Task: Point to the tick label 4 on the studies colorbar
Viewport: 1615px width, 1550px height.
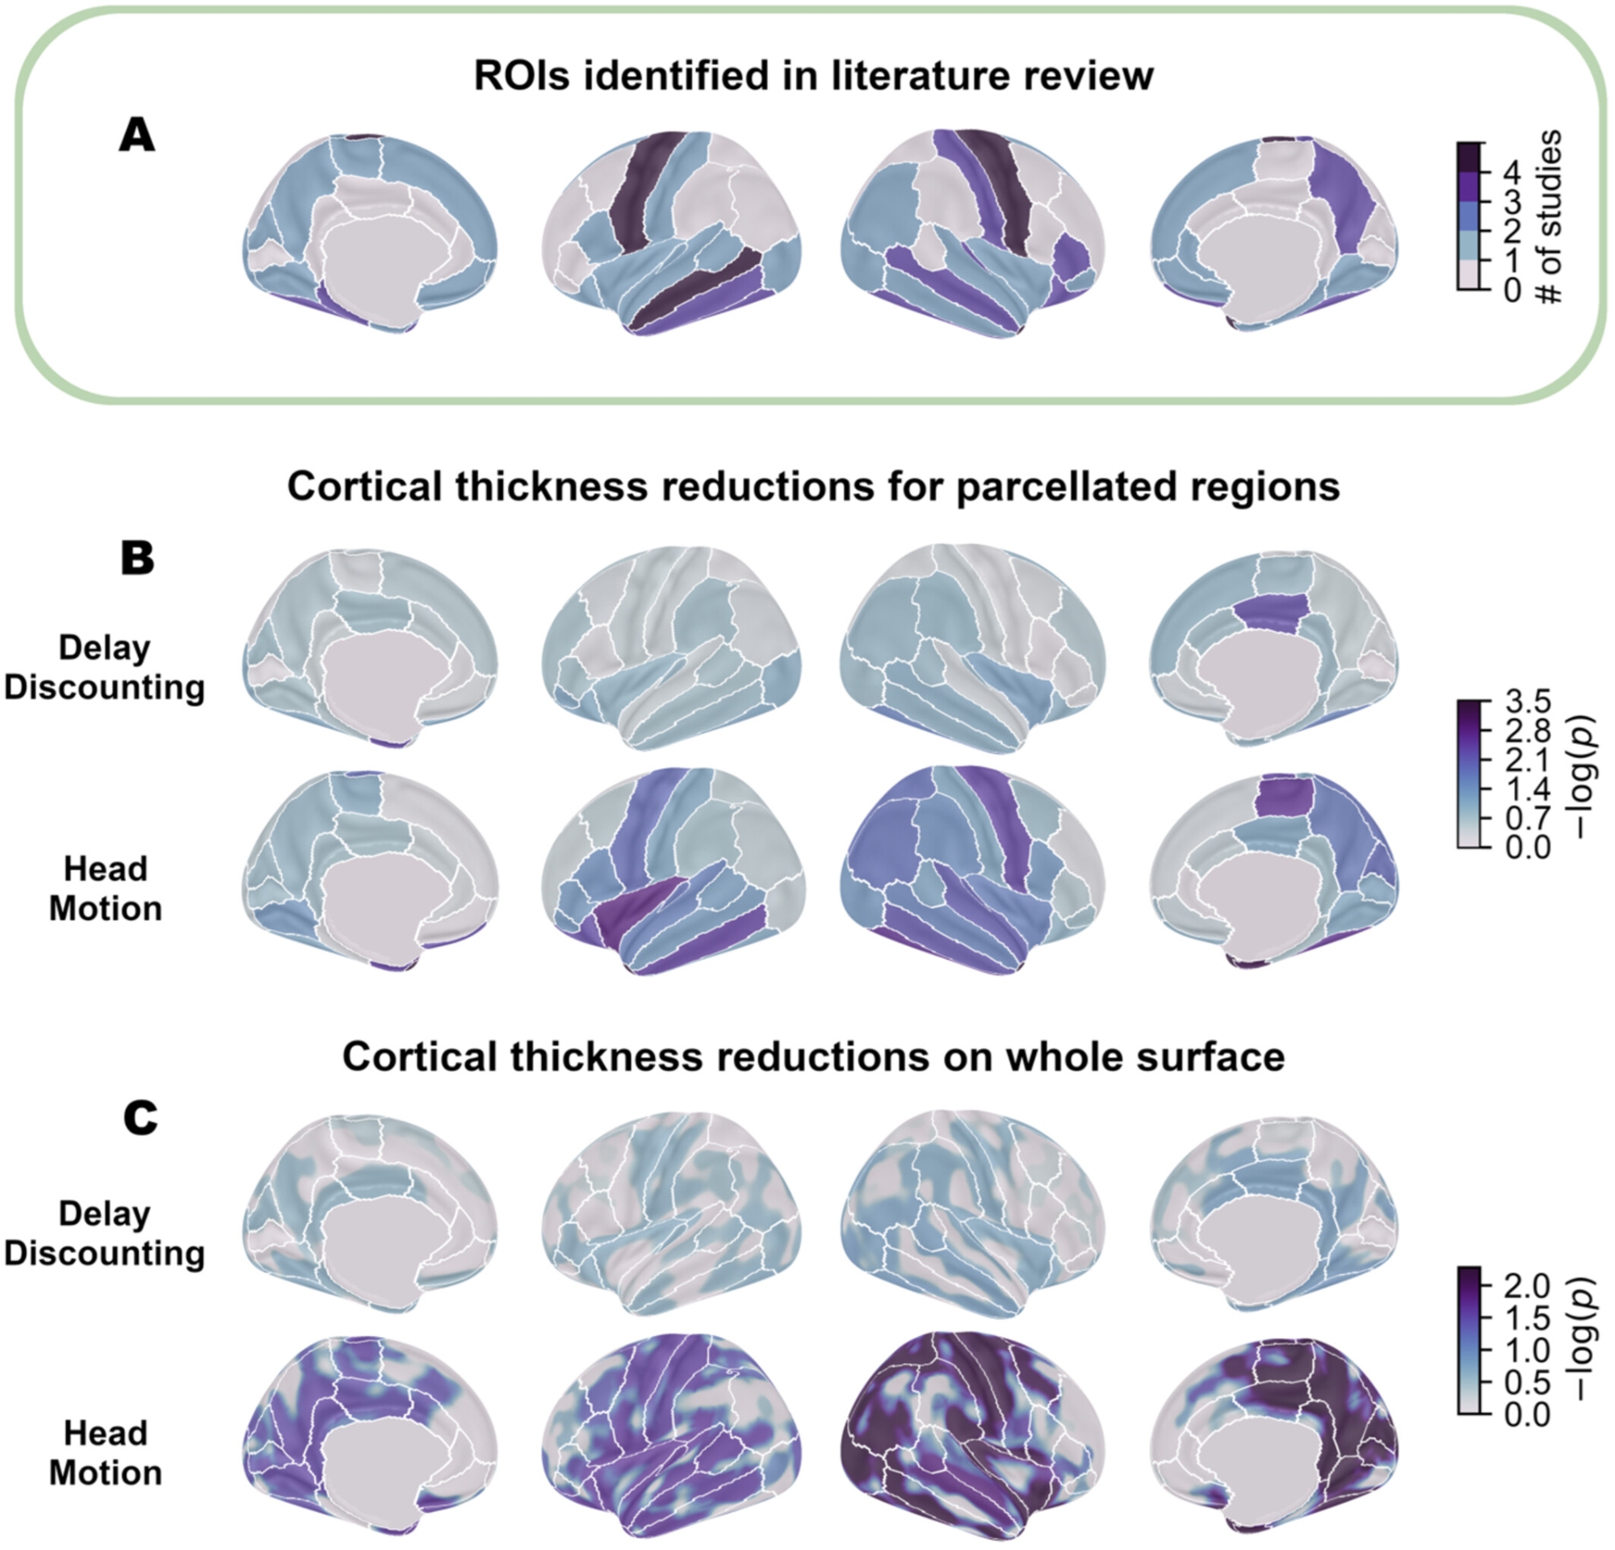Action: point(1510,172)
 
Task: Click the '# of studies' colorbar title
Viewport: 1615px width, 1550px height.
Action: point(1550,216)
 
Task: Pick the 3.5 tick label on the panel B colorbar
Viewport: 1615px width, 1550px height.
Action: point(1528,702)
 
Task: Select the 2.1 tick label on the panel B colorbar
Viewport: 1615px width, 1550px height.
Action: point(1528,760)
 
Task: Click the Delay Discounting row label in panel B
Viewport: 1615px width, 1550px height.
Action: point(105,667)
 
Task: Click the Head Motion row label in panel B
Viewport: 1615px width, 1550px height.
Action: point(105,889)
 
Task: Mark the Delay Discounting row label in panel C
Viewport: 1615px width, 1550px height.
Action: point(105,1233)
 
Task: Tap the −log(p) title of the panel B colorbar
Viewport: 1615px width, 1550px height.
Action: point(1582,776)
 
